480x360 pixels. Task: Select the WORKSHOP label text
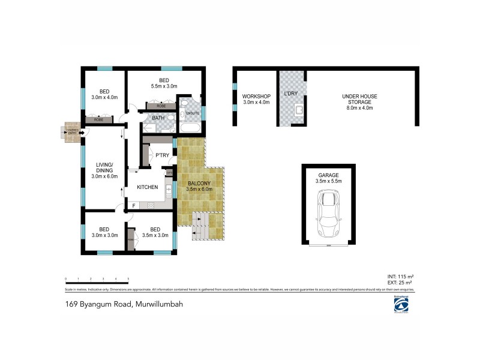[x=256, y=97]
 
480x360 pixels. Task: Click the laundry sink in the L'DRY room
[x=299, y=110]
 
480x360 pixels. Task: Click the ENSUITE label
[x=193, y=113]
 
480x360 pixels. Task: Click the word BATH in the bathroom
[x=158, y=118]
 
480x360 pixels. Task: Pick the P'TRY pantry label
[x=161, y=156]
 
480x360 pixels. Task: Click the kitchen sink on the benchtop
[x=169, y=191]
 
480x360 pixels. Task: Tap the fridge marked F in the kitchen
[x=133, y=205]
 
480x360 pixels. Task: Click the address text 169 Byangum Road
[x=124, y=304]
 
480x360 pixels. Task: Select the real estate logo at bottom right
[x=400, y=305]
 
